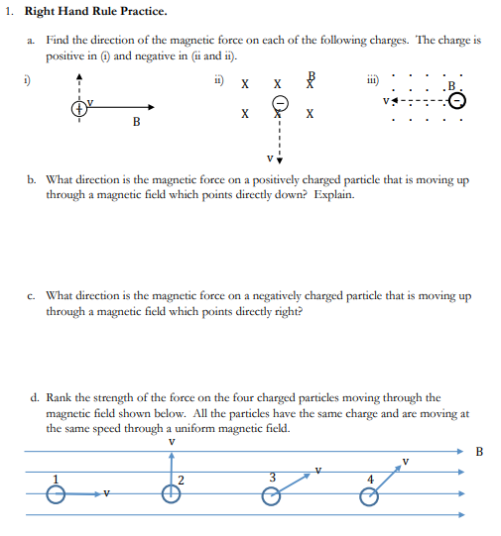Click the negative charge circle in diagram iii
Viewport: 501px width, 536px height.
pos(455,99)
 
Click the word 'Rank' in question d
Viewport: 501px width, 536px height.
pos(63,399)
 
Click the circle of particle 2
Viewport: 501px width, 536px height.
pos(173,496)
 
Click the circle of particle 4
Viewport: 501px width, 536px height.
pos(368,496)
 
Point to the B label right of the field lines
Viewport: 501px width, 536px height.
pos(481,454)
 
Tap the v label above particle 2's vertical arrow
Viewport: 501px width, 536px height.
pos(173,441)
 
